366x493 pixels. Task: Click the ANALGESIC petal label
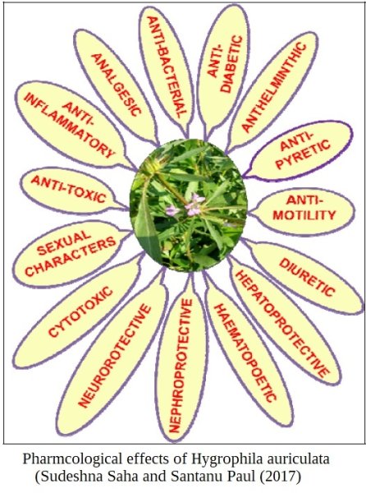coord(117,85)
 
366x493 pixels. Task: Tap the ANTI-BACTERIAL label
coord(167,67)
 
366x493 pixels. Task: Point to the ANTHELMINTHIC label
coord(274,87)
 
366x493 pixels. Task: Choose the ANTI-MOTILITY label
coord(304,208)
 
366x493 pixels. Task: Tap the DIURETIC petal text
coord(307,278)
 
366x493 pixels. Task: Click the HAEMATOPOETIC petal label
coord(245,352)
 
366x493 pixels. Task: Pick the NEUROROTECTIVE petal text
coord(115,356)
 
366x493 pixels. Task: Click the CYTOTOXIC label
coord(80,311)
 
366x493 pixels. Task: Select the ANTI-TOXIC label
coord(68,189)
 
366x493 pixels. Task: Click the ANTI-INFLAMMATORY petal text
coord(69,125)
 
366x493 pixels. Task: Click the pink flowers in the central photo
coord(185,205)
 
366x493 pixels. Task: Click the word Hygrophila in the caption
coord(229,459)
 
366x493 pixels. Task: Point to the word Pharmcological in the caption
coord(72,459)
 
